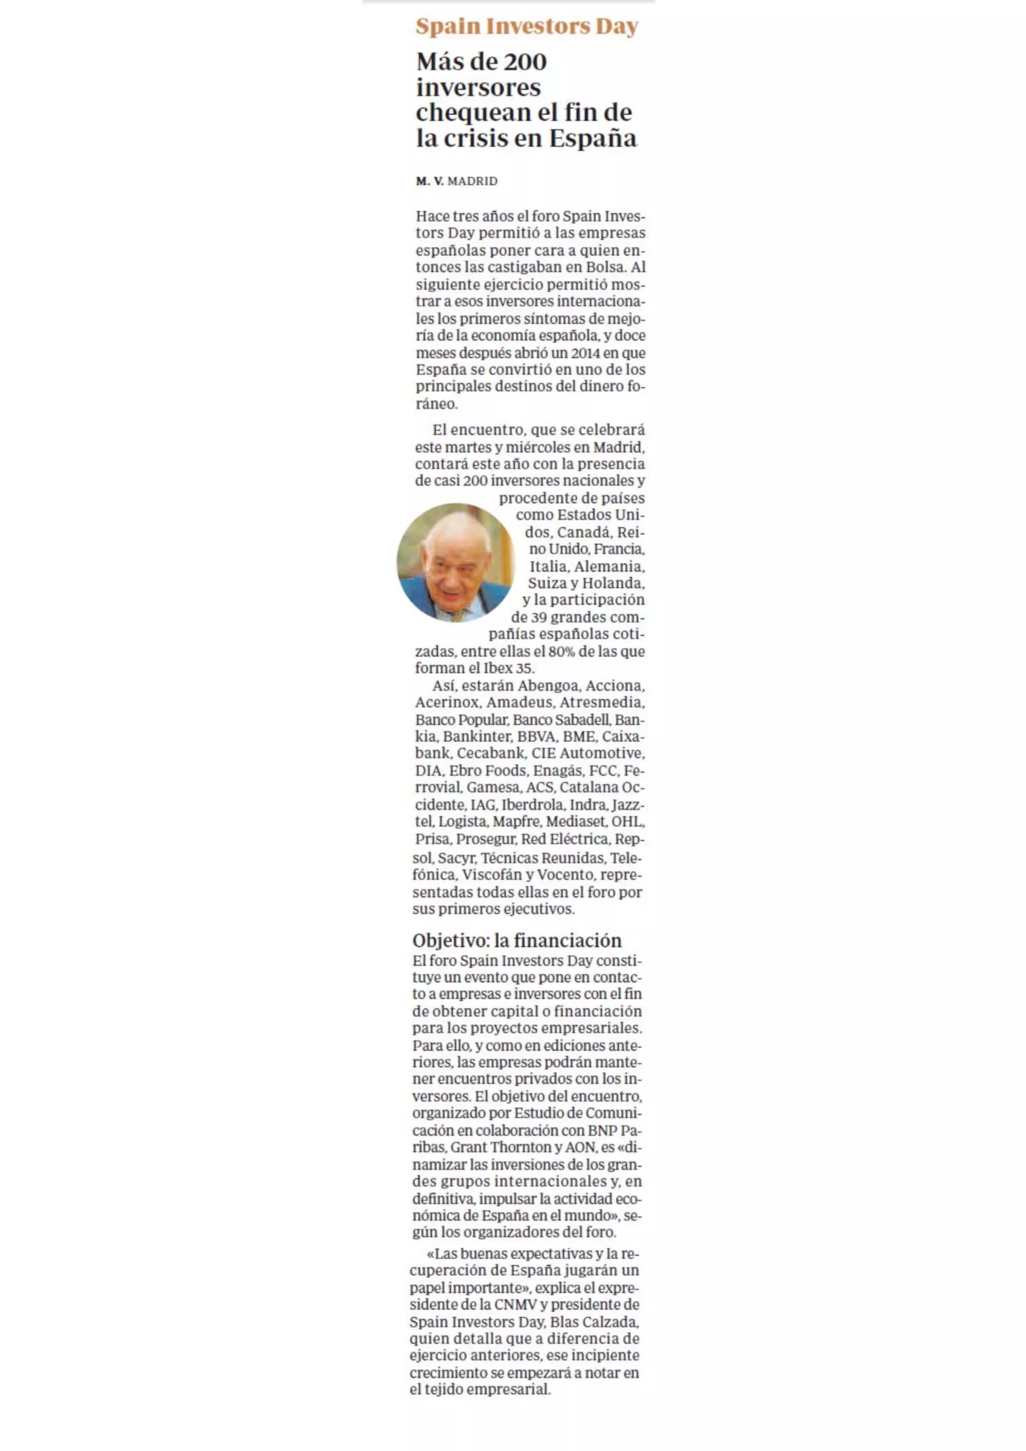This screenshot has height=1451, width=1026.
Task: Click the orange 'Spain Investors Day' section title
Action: [x=527, y=27]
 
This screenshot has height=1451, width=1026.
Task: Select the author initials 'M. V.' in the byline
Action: [x=430, y=181]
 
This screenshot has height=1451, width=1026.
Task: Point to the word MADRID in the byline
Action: [x=472, y=181]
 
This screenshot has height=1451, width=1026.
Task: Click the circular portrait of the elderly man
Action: [x=455, y=562]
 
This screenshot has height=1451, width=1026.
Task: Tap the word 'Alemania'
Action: [x=609, y=566]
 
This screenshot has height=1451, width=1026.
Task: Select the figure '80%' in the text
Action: [x=562, y=651]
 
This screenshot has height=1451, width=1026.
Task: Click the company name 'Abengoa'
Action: [x=548, y=686]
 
